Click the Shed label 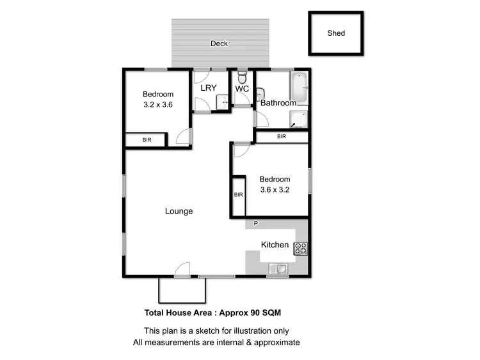click(x=336, y=33)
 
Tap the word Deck click(x=219, y=43)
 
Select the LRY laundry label click(x=209, y=88)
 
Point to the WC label click(x=242, y=89)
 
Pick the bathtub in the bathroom click(x=299, y=88)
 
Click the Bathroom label click(x=278, y=103)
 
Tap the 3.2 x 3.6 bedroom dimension click(x=157, y=106)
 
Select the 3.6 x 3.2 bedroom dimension click(x=275, y=190)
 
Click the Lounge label click(x=179, y=211)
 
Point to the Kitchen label click(x=275, y=245)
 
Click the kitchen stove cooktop click(x=300, y=249)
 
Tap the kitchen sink click(x=279, y=269)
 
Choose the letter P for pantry click(x=255, y=224)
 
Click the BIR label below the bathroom click(x=282, y=136)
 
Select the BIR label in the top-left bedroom click(x=147, y=139)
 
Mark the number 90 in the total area click(x=257, y=313)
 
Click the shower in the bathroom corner click(x=299, y=119)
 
